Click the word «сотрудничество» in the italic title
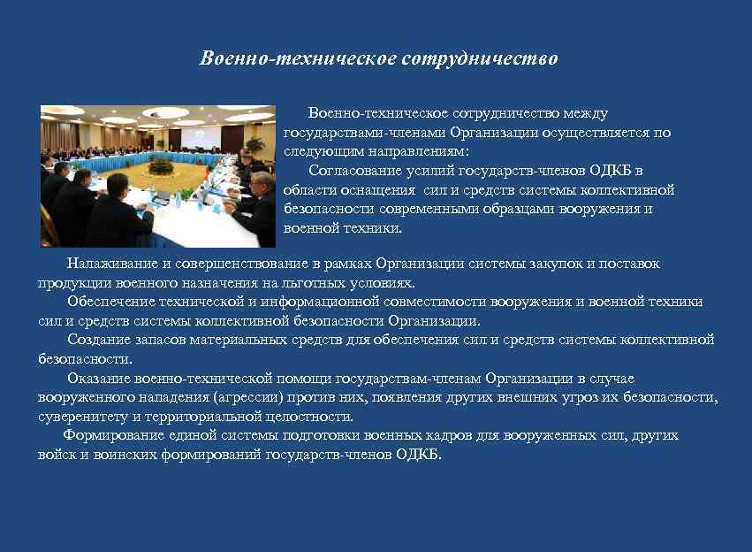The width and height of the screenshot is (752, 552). click(480, 59)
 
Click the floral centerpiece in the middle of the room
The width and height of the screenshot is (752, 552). click(162, 165)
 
